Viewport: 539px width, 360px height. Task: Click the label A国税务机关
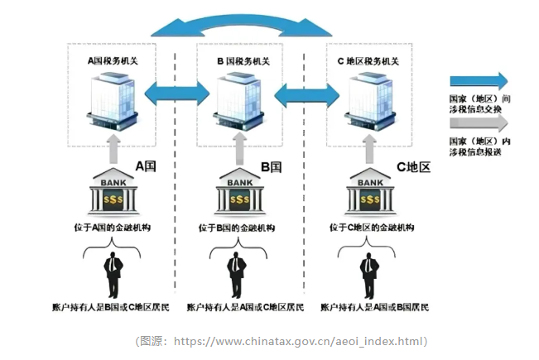(x=114, y=60)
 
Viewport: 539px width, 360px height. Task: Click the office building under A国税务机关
(x=111, y=98)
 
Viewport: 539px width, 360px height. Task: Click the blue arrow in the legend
(x=479, y=81)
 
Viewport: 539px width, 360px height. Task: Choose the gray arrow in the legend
(x=479, y=122)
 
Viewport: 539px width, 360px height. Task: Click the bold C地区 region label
(x=414, y=166)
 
